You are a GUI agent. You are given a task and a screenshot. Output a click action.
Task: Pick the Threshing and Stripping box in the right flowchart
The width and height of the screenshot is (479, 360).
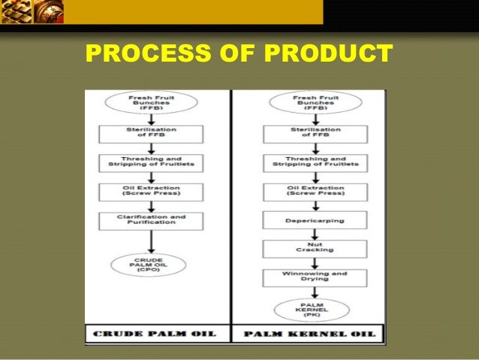point(314,163)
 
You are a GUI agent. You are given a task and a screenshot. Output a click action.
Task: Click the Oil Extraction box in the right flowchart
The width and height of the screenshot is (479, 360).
point(314,191)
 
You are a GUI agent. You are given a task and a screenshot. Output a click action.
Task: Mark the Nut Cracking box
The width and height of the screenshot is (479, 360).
point(314,248)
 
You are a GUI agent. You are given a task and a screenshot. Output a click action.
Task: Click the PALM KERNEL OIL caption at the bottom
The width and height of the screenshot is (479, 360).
point(308,333)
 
